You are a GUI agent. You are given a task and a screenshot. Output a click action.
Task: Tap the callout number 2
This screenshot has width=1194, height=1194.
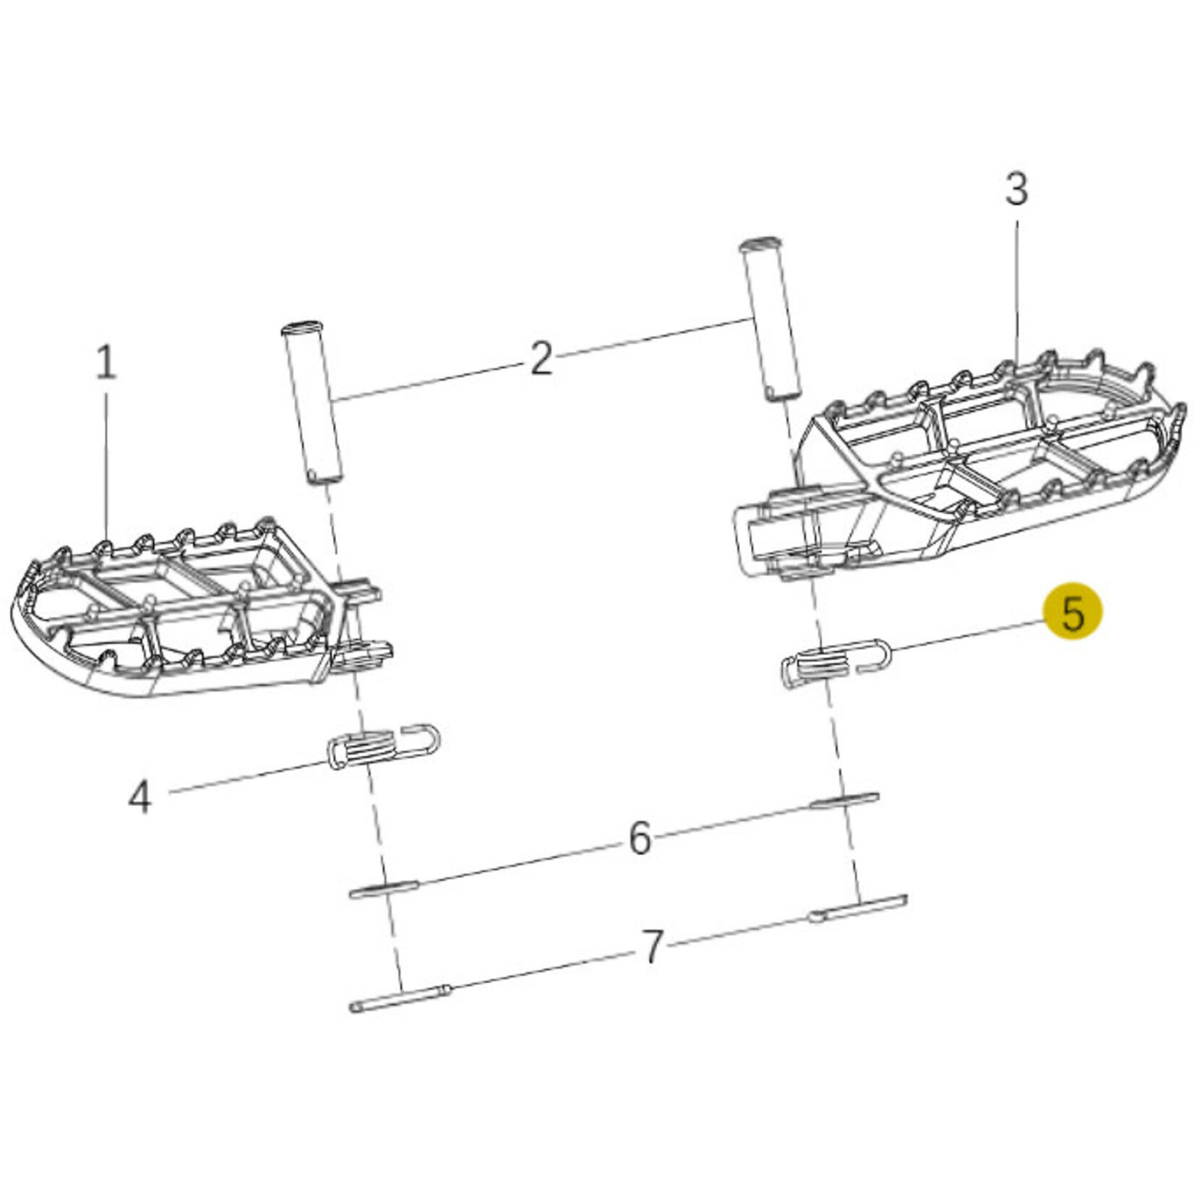coord(541,358)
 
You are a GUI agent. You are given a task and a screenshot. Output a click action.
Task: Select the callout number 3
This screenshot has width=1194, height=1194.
coord(1016,189)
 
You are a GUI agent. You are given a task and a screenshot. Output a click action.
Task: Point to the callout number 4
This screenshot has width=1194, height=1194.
coord(139,798)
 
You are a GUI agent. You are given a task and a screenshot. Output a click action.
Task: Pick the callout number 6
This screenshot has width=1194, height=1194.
coord(640,838)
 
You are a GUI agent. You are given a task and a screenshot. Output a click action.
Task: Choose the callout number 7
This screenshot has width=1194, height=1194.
coord(653,947)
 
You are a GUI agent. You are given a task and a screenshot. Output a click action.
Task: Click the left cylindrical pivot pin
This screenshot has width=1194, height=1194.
coord(312,403)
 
